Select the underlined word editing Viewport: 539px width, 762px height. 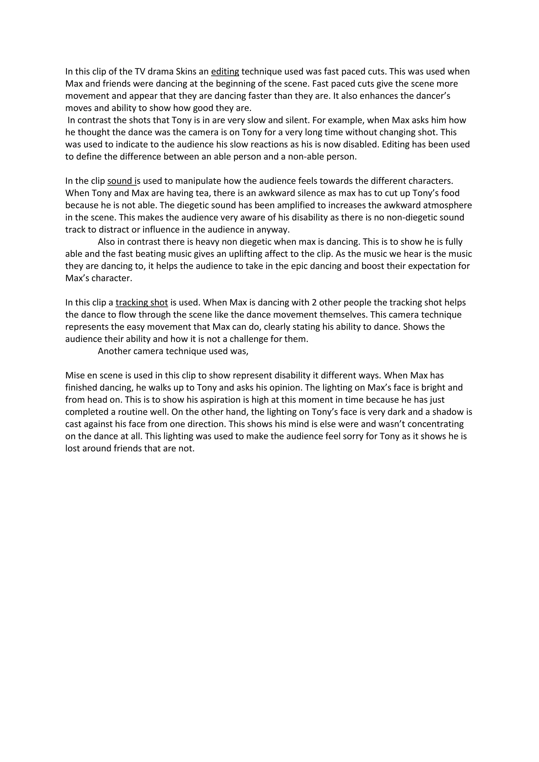225,72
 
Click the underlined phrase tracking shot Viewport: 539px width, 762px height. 142,303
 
